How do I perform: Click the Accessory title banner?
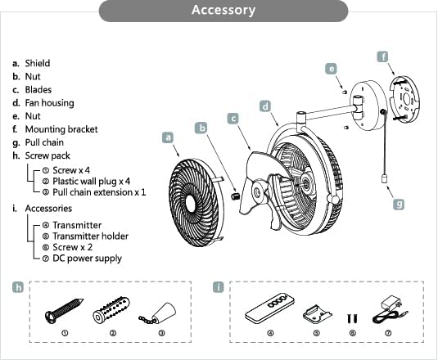[224, 11]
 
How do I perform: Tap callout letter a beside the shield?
[168, 137]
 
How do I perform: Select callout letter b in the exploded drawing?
[201, 128]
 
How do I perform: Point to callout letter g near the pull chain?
[399, 204]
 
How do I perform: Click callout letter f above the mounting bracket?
[383, 56]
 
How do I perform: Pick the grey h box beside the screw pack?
[19, 287]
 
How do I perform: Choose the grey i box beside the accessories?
[219, 287]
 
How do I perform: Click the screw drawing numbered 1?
[64, 311]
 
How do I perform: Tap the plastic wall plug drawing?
[111, 310]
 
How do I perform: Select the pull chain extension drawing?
[159, 313]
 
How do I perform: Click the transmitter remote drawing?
[270, 308]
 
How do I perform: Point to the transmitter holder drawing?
[318, 314]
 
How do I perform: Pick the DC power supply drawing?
[390, 310]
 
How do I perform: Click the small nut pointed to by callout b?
[236, 195]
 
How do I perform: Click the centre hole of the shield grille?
[191, 203]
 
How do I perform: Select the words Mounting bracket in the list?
[61, 129]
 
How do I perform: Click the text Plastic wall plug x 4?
[92, 182]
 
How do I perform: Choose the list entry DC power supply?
[87, 259]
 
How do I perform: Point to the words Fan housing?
[49, 103]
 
